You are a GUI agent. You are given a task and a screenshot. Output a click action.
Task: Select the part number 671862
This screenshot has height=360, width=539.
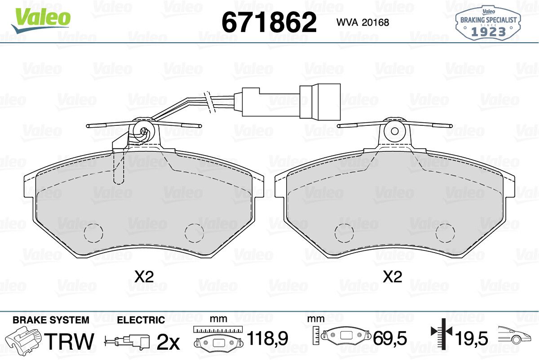point(269,22)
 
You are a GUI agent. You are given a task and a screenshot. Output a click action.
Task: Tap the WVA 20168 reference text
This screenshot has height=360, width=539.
point(362,22)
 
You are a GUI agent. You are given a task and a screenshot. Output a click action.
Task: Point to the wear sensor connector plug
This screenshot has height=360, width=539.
point(320,102)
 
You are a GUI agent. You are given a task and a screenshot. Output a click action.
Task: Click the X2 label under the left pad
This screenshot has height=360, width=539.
point(144,277)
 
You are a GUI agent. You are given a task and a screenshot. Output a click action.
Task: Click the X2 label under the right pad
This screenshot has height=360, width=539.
point(393,277)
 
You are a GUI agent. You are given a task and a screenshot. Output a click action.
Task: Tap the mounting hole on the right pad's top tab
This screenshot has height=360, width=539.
point(395,131)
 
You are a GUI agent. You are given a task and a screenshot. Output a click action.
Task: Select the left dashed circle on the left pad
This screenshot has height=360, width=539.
point(93,233)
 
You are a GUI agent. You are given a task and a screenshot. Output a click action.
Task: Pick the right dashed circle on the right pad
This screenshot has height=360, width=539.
point(446,233)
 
